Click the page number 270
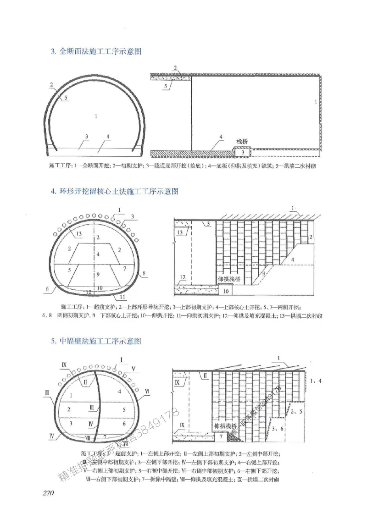48,494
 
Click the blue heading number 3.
53,52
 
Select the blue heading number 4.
53,190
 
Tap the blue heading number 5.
53,341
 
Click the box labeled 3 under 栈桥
242,152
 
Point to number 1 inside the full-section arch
96,116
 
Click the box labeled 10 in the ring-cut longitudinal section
225,291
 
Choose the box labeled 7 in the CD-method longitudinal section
221,438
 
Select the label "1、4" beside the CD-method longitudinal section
316,380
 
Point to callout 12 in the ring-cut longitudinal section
182,277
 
